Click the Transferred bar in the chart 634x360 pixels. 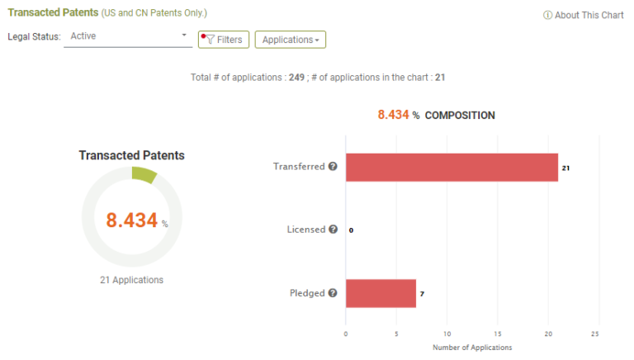(452, 167)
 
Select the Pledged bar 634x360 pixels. (381, 293)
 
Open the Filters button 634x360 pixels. (224, 40)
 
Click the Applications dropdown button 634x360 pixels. (291, 40)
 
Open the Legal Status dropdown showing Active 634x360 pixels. (128, 36)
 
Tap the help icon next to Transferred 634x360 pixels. (333, 166)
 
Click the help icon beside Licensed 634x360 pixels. (333, 230)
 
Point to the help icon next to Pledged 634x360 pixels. (333, 293)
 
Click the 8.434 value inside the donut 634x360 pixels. (131, 220)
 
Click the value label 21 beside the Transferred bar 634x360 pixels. (565, 168)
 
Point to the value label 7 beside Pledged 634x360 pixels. (422, 294)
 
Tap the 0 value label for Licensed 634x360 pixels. (351, 230)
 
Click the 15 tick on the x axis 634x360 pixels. (497, 334)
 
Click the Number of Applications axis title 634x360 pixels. (472, 348)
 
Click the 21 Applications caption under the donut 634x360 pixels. (131, 280)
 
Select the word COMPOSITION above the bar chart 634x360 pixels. (460, 116)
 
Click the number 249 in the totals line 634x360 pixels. (296, 77)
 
